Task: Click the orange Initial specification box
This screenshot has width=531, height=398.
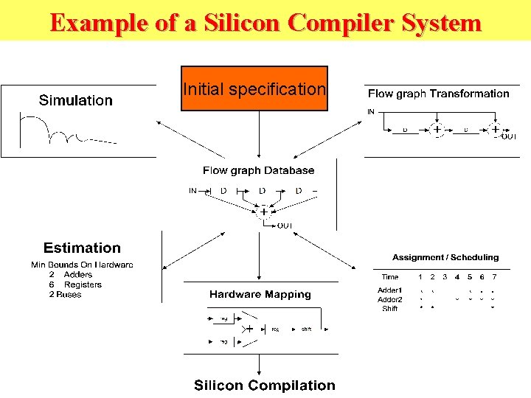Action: coord(254,89)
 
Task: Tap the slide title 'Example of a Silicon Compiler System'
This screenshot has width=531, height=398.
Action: coord(265,22)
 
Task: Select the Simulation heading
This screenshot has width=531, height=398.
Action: coord(76,100)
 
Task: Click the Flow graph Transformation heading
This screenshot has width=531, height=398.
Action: coord(438,94)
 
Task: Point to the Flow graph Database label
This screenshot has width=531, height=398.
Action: coord(258,170)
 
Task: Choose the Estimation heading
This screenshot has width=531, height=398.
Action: coord(82,248)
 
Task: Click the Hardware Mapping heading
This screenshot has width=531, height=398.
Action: coord(260,294)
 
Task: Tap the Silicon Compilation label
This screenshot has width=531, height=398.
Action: coord(264,385)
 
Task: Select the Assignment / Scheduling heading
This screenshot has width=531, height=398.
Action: coord(445,258)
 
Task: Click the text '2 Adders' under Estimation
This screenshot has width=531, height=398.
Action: coord(71,275)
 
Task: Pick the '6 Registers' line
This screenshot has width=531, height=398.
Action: coord(75,284)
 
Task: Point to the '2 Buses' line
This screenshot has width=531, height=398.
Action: coord(65,295)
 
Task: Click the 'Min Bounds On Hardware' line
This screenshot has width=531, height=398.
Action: coord(82,265)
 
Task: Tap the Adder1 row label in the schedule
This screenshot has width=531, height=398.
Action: coord(389,290)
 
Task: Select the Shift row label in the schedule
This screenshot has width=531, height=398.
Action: coord(389,309)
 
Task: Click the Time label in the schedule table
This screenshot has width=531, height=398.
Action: coord(390,277)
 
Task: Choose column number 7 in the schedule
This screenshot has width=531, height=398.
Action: coord(494,277)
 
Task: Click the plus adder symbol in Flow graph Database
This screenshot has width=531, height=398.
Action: coord(263,212)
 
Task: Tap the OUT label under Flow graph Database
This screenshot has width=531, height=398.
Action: coord(285,226)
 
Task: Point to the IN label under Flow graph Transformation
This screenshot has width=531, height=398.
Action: coord(370,112)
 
